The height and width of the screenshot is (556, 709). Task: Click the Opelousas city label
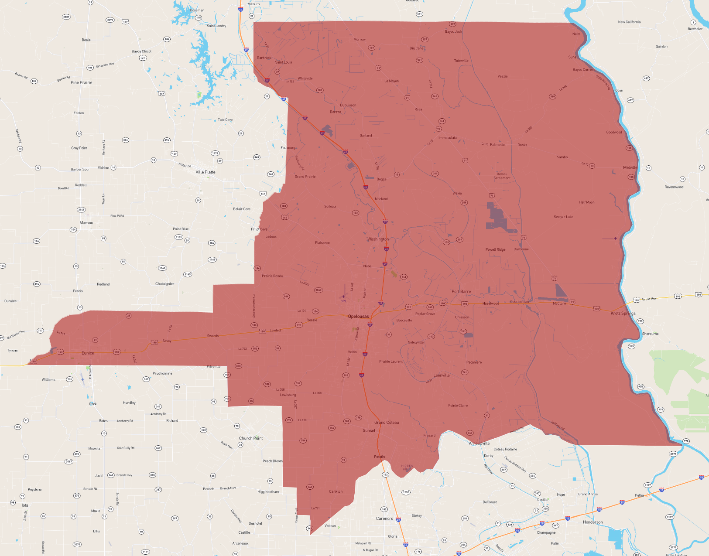click(x=358, y=317)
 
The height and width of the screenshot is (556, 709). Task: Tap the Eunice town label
click(x=88, y=353)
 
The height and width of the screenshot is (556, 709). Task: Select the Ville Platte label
click(x=206, y=172)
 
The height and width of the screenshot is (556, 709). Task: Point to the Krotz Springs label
click(x=623, y=314)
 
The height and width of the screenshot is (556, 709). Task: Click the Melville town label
click(x=630, y=167)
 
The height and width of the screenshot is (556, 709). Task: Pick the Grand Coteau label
click(x=387, y=423)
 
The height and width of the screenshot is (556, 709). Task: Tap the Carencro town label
click(x=384, y=518)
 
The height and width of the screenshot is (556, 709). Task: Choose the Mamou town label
click(x=86, y=223)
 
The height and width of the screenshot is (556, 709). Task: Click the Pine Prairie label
click(x=82, y=82)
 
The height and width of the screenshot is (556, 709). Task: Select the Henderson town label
click(x=593, y=522)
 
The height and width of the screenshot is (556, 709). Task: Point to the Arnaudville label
click(x=480, y=443)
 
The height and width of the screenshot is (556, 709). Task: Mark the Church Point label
click(x=251, y=438)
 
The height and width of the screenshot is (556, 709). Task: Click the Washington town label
click(x=378, y=239)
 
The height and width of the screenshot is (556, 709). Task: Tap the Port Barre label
click(x=461, y=292)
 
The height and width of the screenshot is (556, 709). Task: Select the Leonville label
click(x=442, y=375)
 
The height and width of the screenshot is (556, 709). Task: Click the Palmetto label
click(x=497, y=145)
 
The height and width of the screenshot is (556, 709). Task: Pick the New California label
click(x=629, y=22)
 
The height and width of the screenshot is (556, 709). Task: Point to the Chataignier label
click(x=164, y=284)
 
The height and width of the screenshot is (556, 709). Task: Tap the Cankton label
click(x=336, y=491)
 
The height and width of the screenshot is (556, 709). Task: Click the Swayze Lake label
click(x=563, y=217)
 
